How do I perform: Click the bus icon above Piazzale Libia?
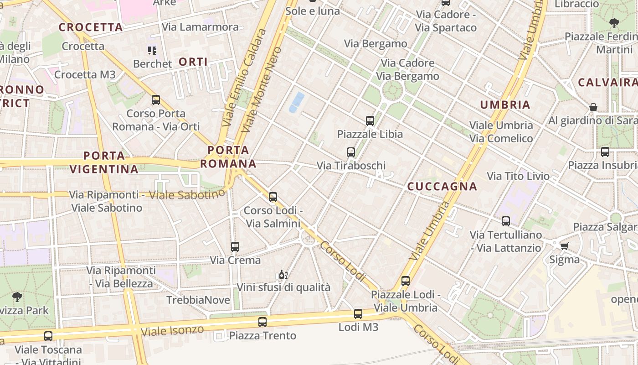(x=370, y=121)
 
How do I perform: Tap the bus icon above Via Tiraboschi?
(x=351, y=152)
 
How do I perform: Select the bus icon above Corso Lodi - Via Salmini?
(x=273, y=197)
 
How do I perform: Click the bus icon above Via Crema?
(x=235, y=247)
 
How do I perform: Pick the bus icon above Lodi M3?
(x=358, y=314)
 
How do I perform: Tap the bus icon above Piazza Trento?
(x=262, y=322)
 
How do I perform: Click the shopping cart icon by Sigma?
(x=565, y=246)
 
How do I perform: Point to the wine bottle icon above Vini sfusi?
(x=283, y=275)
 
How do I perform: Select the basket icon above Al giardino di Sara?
(x=593, y=107)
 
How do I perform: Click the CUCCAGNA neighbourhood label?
(x=442, y=186)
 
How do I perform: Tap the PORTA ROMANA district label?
(x=228, y=156)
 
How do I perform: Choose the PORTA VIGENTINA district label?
(x=104, y=162)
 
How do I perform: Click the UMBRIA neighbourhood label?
(x=505, y=104)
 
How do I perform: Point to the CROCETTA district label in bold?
(x=91, y=27)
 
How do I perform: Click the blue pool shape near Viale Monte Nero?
(x=297, y=102)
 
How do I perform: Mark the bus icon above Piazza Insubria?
(x=605, y=152)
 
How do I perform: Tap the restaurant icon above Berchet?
(x=152, y=50)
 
